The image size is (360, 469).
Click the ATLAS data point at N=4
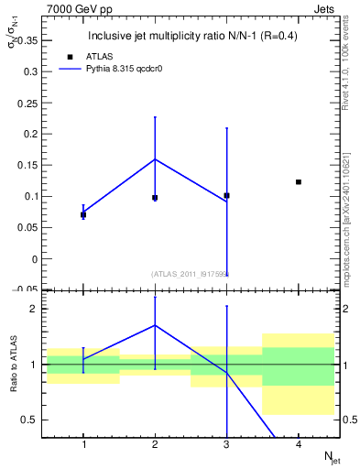[299, 182]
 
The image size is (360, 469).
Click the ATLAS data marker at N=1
[83, 214]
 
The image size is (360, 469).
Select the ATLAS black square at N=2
[155, 198]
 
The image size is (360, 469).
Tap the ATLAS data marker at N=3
[226, 195]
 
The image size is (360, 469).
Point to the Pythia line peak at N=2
[155, 159]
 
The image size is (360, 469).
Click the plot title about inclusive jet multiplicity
[191, 37]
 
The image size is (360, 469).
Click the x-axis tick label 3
[227, 444]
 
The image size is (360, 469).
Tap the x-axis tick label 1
[83, 444]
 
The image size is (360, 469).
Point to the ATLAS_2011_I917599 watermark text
[191, 274]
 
